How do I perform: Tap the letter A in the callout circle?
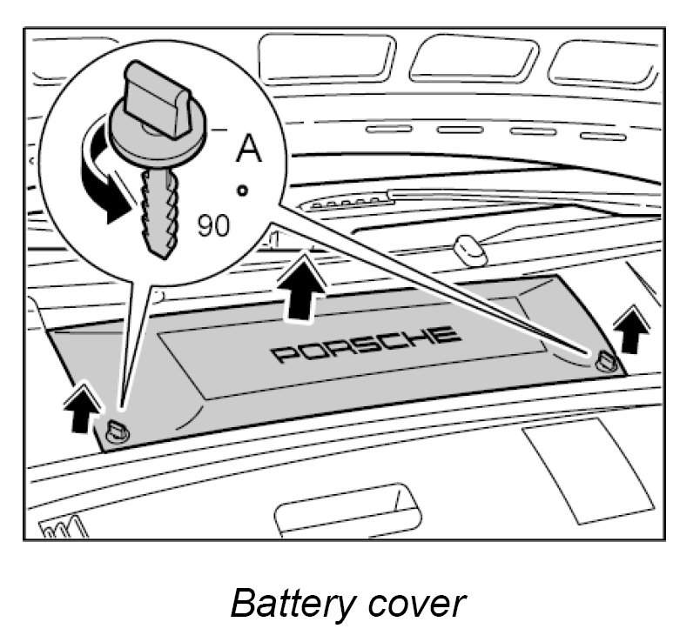[250, 149]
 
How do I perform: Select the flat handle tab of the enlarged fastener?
[156, 96]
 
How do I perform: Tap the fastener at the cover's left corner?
[119, 430]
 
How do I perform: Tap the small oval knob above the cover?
[468, 251]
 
